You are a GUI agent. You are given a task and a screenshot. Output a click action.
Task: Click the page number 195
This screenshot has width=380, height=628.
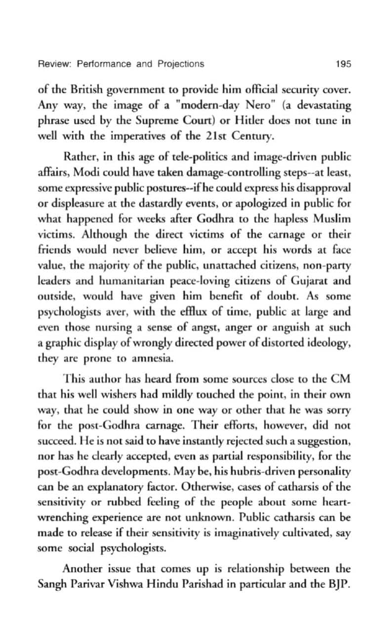click(342, 64)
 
